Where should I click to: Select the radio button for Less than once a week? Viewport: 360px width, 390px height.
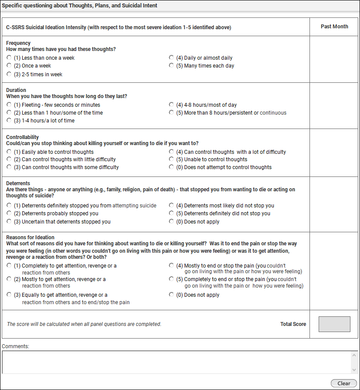click(9, 58)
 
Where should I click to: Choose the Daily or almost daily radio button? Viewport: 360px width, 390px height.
click(172, 58)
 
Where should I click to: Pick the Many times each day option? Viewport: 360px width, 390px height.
click(172, 66)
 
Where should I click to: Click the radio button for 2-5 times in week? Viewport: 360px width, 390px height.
click(9, 74)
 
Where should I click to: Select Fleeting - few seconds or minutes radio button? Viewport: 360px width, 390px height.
click(9, 105)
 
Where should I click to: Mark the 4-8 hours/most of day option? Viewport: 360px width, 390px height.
click(172, 105)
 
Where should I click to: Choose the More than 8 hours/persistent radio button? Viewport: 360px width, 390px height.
click(172, 112)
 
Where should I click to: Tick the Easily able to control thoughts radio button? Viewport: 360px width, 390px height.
click(9, 152)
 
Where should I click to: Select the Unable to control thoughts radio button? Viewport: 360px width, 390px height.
click(172, 159)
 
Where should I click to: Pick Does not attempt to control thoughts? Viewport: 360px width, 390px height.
click(172, 167)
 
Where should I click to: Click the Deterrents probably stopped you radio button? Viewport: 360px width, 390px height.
click(9, 213)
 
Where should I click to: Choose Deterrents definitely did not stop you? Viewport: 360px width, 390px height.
click(172, 213)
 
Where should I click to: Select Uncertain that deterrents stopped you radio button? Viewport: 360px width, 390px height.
click(9, 221)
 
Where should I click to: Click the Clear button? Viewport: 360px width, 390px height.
click(343, 383)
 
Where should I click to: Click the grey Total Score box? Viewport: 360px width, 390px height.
click(334, 324)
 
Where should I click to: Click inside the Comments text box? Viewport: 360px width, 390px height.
click(174, 362)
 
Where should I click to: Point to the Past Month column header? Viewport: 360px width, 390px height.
click(334, 27)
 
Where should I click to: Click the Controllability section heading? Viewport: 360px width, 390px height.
click(23, 137)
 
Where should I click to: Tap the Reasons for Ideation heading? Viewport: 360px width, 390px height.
click(30, 237)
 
